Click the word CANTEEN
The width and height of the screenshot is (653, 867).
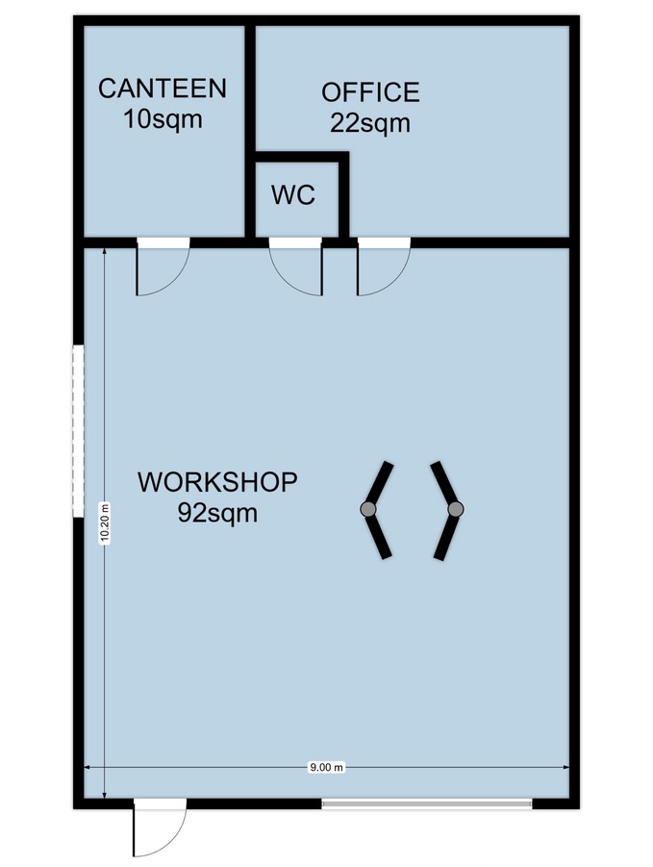pyautogui.click(x=163, y=89)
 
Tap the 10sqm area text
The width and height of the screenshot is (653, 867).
pyautogui.click(x=163, y=119)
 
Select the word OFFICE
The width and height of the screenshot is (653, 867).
pyautogui.click(x=370, y=92)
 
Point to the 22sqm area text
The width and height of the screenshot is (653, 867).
pyautogui.click(x=370, y=123)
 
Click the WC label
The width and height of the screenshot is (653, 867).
pyautogui.click(x=293, y=194)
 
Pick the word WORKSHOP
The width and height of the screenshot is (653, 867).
pyautogui.click(x=217, y=481)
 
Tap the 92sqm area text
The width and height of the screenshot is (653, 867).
pyautogui.click(x=217, y=513)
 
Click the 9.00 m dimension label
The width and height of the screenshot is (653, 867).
pyautogui.click(x=326, y=767)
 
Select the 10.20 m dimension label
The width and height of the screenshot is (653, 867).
pyautogui.click(x=105, y=523)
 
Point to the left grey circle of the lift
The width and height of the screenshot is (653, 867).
pyautogui.click(x=368, y=509)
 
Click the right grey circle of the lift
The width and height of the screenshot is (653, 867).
pyautogui.click(x=455, y=509)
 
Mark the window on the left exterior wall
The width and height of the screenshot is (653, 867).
pyautogui.click(x=78, y=431)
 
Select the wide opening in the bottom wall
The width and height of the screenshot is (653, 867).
pyautogui.click(x=427, y=803)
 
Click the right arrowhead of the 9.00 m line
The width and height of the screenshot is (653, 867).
pyautogui.click(x=565, y=767)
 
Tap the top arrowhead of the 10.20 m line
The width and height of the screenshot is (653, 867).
pyautogui.click(x=105, y=252)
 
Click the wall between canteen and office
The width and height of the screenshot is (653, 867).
pyautogui.click(x=250, y=131)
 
